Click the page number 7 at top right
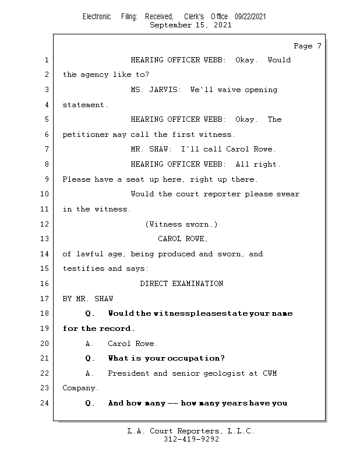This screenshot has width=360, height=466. pos(319,46)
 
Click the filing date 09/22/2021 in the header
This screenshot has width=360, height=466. pos(250,17)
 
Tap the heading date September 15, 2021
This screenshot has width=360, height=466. pos(190,25)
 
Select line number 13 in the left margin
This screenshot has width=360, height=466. pos(45,239)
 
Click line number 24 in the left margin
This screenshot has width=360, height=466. pos(45,403)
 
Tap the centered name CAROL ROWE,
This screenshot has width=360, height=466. pos(183,239)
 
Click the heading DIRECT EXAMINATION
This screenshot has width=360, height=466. pos(181,284)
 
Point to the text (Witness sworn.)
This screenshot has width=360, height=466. pos(181,224)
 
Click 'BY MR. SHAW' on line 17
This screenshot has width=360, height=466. pos(88,299)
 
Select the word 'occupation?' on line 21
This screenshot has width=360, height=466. pos(196,358)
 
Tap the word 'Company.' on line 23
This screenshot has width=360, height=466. pos(81,388)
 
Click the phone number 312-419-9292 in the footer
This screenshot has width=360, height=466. pos(191,440)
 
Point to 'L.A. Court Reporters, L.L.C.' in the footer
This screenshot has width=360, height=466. pos(191,432)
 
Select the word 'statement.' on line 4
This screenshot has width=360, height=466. pos(86,105)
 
